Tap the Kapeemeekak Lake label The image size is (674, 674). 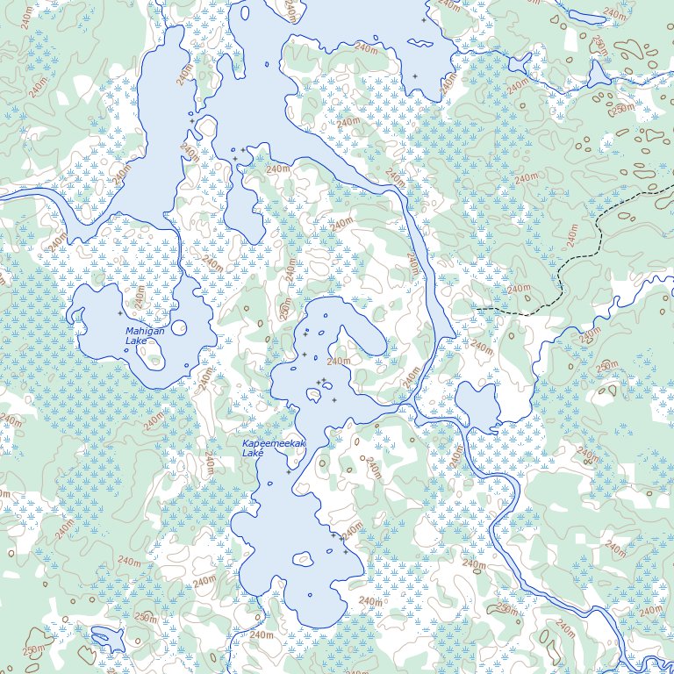point(274,448)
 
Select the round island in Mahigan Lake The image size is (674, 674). point(179,328)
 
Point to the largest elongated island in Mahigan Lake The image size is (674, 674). point(154,352)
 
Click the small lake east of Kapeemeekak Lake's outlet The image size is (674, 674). point(477,406)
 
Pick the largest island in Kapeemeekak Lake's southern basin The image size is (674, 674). point(304,557)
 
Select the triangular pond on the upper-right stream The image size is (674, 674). point(599,74)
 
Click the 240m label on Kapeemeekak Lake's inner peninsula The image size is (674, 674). point(339,361)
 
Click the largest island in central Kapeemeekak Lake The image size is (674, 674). point(312,396)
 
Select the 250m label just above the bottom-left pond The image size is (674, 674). point(145,619)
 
